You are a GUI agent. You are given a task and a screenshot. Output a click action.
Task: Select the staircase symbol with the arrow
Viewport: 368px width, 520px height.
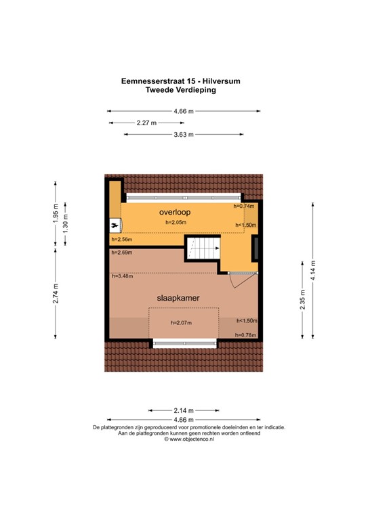pos(203,248)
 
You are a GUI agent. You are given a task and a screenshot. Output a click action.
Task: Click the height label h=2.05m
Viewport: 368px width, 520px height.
pos(175,223)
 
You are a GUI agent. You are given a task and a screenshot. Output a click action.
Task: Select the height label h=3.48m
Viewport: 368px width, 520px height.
pos(121,276)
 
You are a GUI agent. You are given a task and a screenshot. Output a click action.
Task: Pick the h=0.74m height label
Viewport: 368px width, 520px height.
pos(243,206)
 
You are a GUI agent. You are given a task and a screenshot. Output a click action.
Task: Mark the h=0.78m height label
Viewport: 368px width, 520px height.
pos(245,334)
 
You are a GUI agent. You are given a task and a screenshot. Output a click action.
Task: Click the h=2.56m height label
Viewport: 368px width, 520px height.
pos(121,239)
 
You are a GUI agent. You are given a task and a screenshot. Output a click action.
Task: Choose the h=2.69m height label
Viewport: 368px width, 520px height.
pos(121,253)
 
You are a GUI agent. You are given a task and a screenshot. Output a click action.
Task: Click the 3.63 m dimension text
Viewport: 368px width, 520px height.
pos(183,135)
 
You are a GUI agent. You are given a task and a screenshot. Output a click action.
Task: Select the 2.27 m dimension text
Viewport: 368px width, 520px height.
pos(146,123)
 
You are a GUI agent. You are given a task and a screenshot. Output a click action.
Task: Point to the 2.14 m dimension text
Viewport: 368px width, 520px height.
pos(183,410)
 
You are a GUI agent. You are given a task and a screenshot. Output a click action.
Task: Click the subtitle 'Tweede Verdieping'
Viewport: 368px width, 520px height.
pos(184,89)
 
